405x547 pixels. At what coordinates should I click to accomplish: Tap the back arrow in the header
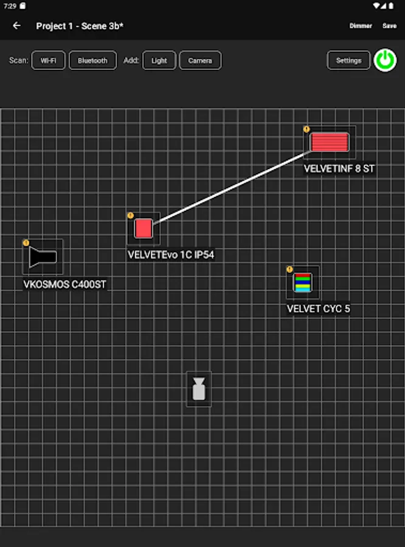click(x=16, y=26)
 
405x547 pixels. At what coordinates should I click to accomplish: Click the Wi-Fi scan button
click(x=49, y=61)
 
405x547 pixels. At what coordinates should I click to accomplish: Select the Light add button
click(x=159, y=61)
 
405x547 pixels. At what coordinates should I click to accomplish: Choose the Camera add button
click(x=200, y=61)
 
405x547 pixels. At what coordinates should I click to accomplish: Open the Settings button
click(x=348, y=61)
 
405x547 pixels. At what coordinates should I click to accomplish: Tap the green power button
click(x=385, y=60)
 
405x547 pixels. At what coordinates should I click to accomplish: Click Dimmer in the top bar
click(x=361, y=26)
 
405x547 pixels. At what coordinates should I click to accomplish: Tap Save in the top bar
click(x=389, y=26)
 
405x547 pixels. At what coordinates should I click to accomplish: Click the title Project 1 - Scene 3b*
click(x=80, y=26)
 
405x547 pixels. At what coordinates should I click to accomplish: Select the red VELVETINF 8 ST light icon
click(x=330, y=142)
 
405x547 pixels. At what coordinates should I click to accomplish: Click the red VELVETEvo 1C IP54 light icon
click(x=144, y=229)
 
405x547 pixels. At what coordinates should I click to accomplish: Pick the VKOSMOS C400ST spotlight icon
click(x=43, y=257)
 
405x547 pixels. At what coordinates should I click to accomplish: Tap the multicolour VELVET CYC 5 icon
click(x=303, y=283)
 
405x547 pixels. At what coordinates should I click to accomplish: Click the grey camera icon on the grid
click(x=199, y=389)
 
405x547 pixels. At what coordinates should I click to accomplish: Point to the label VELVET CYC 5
click(x=318, y=309)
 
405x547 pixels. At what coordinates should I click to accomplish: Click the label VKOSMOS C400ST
click(x=65, y=284)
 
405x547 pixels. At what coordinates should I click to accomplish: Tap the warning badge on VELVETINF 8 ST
click(x=306, y=129)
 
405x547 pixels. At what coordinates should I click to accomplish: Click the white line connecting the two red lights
click(x=231, y=188)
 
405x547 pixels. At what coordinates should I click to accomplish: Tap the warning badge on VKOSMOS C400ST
click(x=26, y=243)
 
